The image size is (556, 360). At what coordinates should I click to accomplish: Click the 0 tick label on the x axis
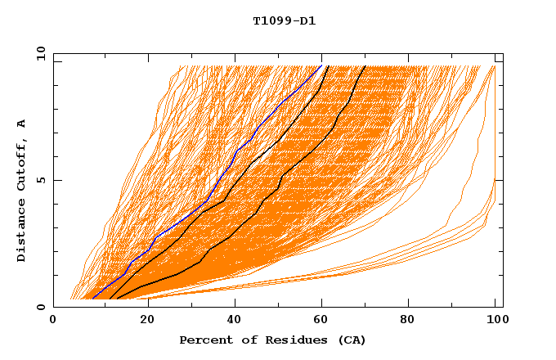(53, 322)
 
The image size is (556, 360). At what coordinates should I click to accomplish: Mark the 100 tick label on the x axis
(495, 322)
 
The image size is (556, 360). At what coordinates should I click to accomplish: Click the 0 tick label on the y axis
(40, 307)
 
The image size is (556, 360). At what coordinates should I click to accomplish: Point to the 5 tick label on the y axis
(40, 180)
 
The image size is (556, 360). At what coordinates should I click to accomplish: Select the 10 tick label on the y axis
(40, 53)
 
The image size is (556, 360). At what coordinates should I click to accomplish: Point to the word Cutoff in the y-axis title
(22, 163)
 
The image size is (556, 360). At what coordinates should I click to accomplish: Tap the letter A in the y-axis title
(22, 124)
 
